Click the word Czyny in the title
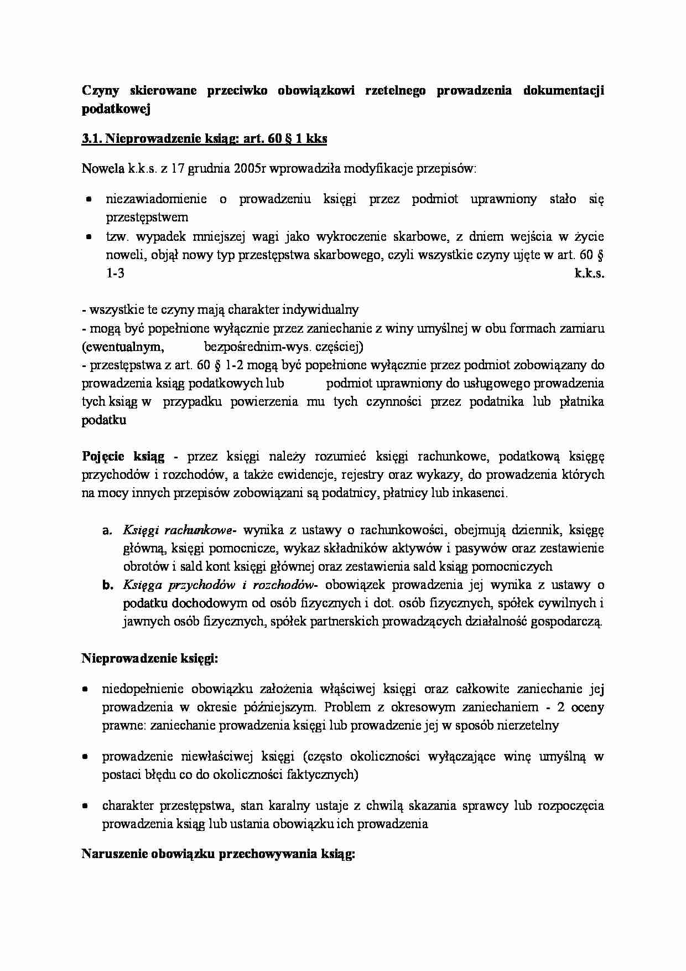100,91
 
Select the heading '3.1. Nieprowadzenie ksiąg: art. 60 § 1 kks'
204,139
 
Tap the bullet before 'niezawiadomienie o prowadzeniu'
89,199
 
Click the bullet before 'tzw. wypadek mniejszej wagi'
89,237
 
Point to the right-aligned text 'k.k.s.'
589,273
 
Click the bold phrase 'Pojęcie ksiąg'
123,457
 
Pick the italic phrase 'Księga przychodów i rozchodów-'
220,585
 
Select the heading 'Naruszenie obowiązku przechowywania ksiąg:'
218,854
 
